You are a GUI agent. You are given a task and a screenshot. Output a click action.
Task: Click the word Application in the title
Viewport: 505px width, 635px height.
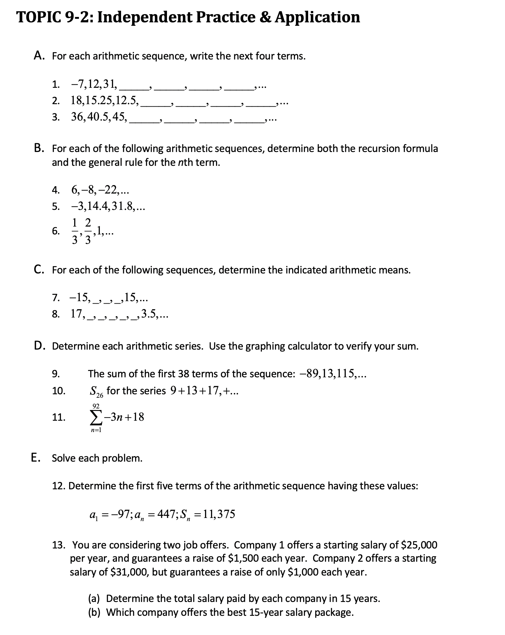[x=317, y=17]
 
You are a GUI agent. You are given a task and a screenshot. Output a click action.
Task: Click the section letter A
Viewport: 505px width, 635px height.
[x=38, y=56]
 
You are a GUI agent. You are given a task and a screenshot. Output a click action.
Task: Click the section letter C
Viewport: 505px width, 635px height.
[x=38, y=270]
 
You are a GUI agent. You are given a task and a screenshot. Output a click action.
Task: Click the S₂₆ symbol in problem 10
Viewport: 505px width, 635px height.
[x=96, y=391]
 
